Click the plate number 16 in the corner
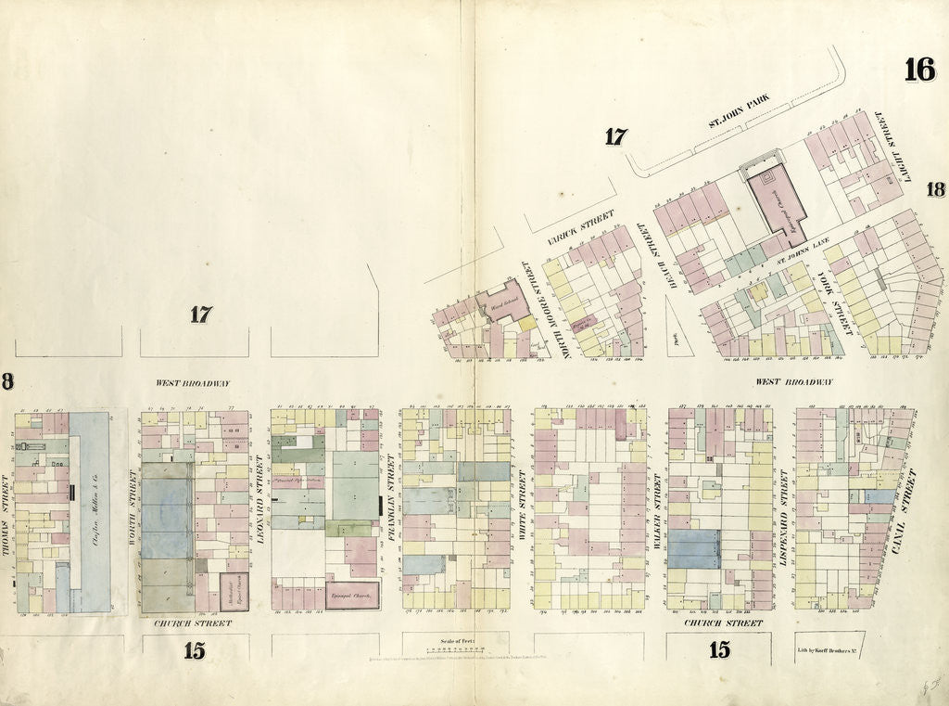[x=919, y=70]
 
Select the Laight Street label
[x=892, y=142]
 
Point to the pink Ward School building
[x=502, y=302]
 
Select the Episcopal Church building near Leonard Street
[x=351, y=594]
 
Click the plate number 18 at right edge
[x=934, y=189]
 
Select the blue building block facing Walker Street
[x=694, y=548]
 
